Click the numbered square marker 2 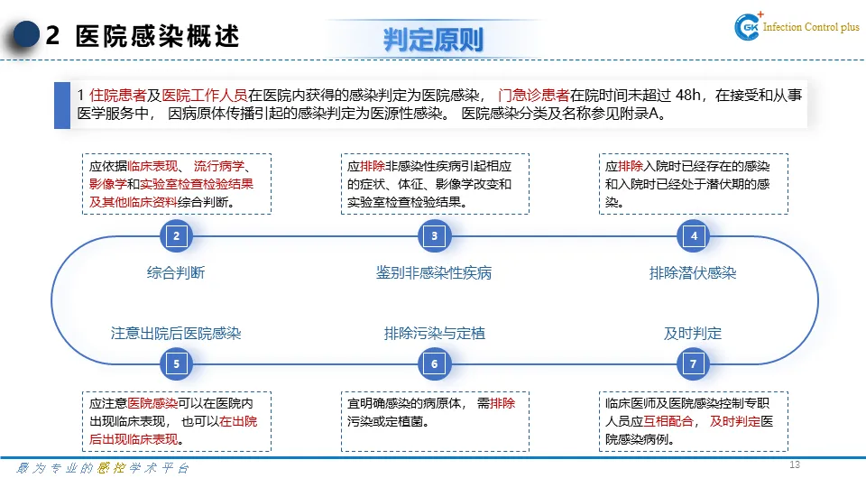(x=177, y=236)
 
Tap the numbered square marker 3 (x=434, y=236)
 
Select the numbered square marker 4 (x=694, y=236)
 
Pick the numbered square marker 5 (x=177, y=364)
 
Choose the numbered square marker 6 (x=434, y=364)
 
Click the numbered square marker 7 (x=694, y=364)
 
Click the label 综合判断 (x=176, y=272)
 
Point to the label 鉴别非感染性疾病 (x=434, y=272)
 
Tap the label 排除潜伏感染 (x=693, y=272)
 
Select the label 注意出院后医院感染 (x=176, y=333)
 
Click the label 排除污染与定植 (x=434, y=333)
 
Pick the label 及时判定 (x=693, y=333)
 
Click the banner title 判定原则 (x=433, y=39)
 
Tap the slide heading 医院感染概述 (x=158, y=37)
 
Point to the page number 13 (x=795, y=464)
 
